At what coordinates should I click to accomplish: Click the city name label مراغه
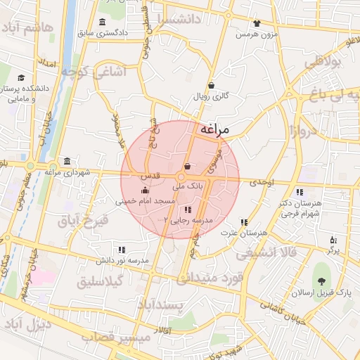pyautogui.click(x=216, y=129)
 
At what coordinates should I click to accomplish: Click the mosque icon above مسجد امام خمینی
pyautogui.click(x=145, y=190)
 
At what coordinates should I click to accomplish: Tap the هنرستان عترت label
pyautogui.click(x=254, y=231)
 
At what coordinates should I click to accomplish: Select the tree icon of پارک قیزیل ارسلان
pyautogui.click(x=324, y=272)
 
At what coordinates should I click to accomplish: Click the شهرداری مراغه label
pyautogui.click(x=67, y=172)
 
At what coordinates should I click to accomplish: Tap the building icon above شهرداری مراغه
pyautogui.click(x=67, y=160)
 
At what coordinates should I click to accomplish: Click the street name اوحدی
pyautogui.click(x=259, y=182)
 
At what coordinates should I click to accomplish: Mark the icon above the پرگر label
pyautogui.click(x=333, y=240)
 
